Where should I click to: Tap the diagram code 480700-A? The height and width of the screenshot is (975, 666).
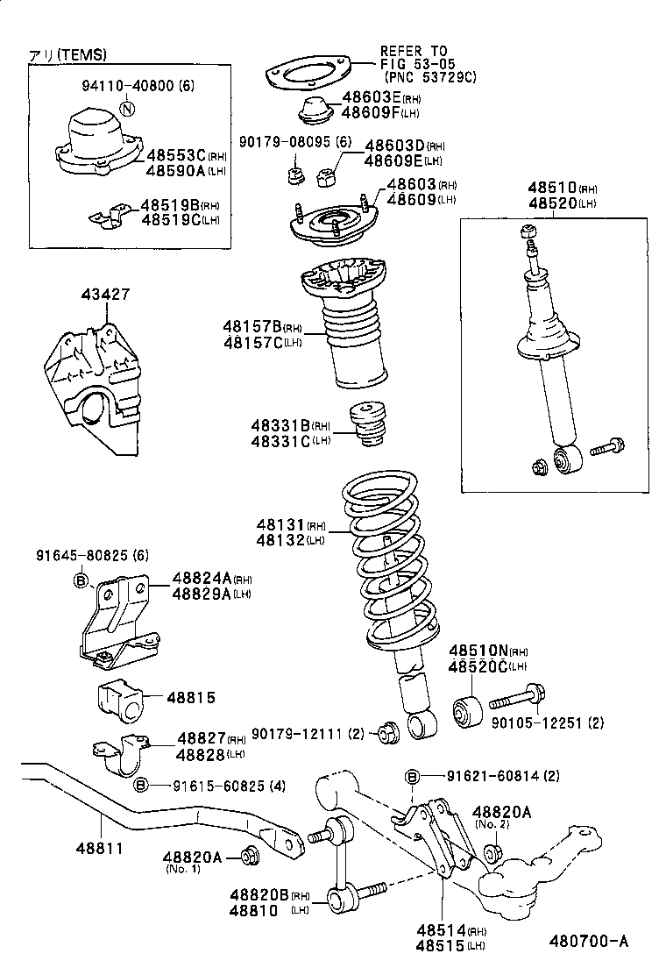coord(588,943)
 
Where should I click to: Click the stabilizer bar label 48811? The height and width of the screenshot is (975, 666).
coord(98,849)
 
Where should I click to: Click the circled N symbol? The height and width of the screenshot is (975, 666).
coord(128,109)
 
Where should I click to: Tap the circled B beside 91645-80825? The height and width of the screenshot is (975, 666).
coord(81,580)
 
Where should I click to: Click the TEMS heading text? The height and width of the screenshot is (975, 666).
coord(67,54)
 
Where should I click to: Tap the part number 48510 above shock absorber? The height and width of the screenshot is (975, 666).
coord(551,188)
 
